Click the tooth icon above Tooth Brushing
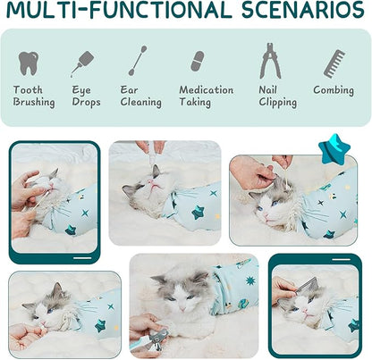tap(29, 63)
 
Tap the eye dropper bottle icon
tap(83, 63)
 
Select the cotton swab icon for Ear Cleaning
tap(138, 62)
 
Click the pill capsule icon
tap(197, 62)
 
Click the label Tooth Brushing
tap(34, 96)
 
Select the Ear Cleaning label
tap(141, 96)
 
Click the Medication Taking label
tap(207, 96)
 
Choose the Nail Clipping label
tap(277, 96)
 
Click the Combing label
tap(334, 90)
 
